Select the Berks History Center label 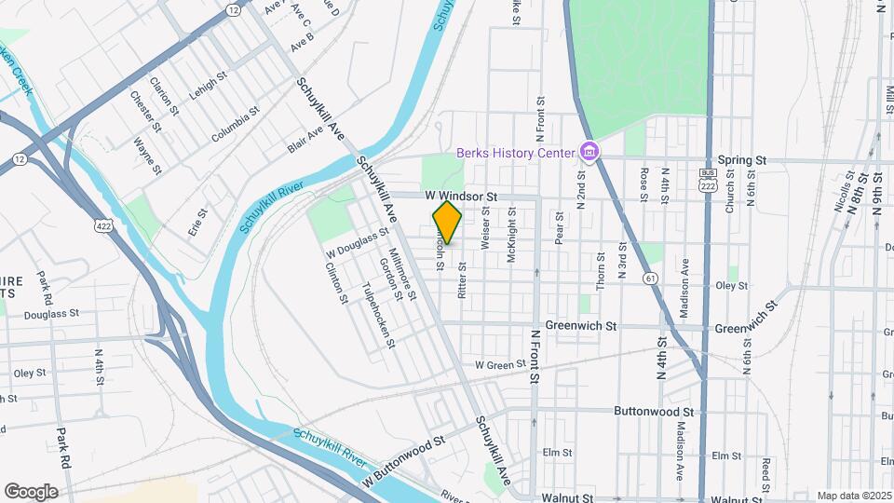point(515,153)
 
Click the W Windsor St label point(463,197)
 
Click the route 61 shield point(649,278)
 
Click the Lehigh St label point(208,81)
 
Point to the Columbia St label point(235,125)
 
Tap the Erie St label point(197,223)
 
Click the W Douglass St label point(357,245)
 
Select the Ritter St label point(462,279)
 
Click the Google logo point(31,491)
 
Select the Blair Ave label point(305,140)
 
